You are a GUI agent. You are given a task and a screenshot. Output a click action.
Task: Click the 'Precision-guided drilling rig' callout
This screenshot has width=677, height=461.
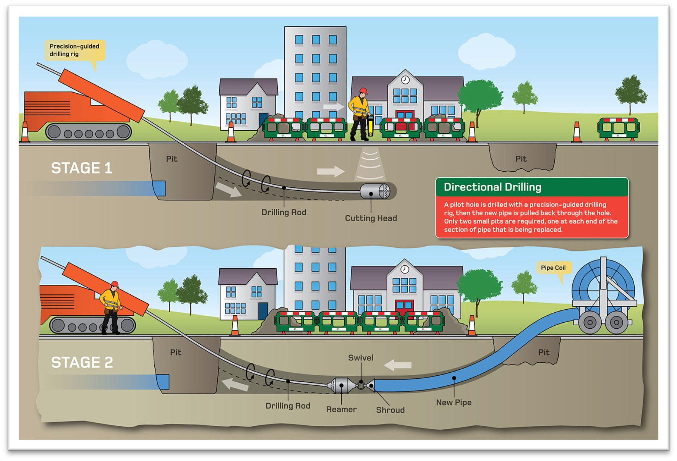pos(74,50)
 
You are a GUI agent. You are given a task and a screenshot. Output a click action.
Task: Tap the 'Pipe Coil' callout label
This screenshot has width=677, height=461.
pos(553,268)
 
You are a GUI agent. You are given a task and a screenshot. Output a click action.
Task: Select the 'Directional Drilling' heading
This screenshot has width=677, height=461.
pos(492,187)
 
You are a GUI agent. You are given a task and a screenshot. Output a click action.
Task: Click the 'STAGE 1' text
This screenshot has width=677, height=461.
pos(81,168)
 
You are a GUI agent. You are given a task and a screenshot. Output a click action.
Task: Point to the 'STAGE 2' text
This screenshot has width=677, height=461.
pos(82,362)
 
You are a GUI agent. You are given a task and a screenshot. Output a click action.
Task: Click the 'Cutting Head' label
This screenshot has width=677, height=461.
pos(371,218)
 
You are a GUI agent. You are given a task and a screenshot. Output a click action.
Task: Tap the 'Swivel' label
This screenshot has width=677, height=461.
pos(360,358)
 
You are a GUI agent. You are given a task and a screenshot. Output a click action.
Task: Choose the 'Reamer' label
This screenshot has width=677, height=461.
pos(341,409)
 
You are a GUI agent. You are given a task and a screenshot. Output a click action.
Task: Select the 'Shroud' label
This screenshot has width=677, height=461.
pos(390,410)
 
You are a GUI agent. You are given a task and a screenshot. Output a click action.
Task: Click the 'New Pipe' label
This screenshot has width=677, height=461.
pos(453,403)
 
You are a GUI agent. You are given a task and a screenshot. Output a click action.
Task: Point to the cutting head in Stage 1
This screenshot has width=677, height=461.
pos(375,191)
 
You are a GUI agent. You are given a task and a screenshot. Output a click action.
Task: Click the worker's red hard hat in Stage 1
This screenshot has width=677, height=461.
pos(363,91)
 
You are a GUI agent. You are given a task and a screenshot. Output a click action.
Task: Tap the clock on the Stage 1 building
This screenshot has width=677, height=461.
pos(405,80)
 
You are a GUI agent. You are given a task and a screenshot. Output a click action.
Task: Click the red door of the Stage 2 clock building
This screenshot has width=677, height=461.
pos(404,308)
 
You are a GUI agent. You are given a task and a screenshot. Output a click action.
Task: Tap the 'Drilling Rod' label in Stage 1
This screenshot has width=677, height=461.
pos(283,213)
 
